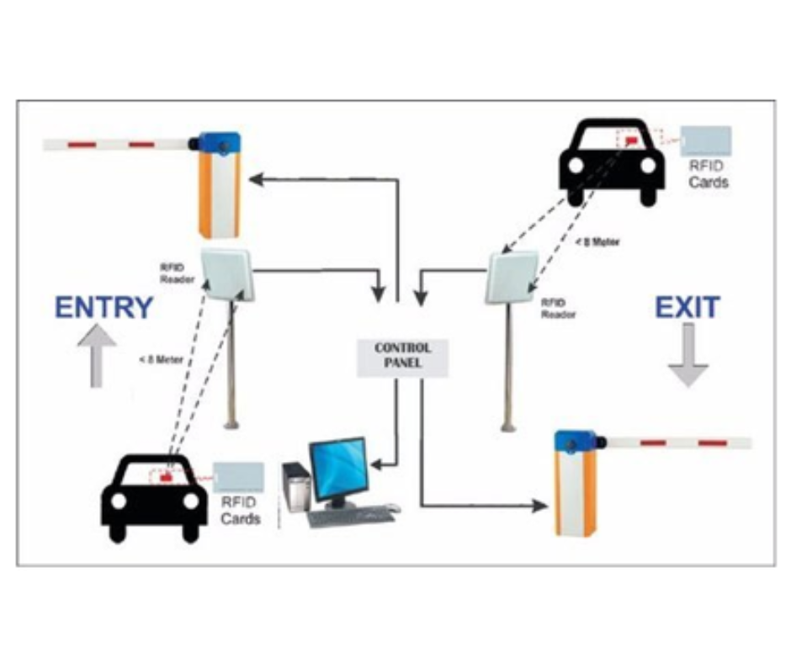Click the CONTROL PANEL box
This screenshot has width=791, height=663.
[403, 355]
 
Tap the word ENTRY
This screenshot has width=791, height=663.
[104, 308]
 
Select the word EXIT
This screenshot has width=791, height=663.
[687, 308]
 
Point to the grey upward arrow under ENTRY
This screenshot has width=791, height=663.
[97, 357]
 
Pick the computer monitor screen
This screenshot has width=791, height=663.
[338, 469]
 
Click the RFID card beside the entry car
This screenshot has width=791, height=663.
[239, 477]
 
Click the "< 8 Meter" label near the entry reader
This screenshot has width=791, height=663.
[162, 359]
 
